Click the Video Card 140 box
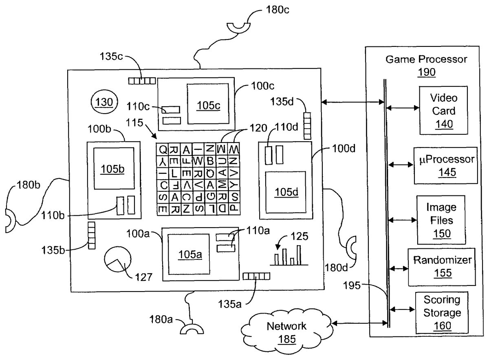point(443,111)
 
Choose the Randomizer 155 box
point(442,266)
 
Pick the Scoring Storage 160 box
point(442,312)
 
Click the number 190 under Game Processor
point(426,72)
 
